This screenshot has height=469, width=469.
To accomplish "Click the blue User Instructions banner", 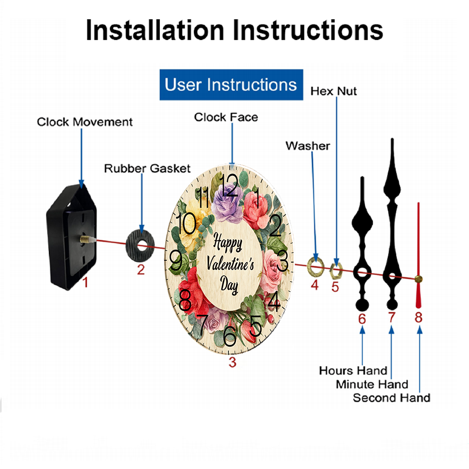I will (x=231, y=85).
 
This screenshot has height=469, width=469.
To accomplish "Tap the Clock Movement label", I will (x=85, y=122).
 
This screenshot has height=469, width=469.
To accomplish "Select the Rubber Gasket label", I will (x=147, y=168).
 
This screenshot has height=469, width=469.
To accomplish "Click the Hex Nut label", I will (x=333, y=91).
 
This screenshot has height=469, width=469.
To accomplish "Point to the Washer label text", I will (x=308, y=146).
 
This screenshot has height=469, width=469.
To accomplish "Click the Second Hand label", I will (x=391, y=398).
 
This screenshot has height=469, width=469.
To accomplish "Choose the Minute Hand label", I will (x=372, y=384).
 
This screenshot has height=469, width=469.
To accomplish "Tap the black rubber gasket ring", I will (x=140, y=244).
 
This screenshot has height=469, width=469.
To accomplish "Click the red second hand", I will (x=418, y=253).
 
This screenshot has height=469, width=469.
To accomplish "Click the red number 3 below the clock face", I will (x=233, y=362).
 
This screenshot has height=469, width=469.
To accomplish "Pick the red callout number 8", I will (x=418, y=318).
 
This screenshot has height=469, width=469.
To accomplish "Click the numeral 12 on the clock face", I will (x=229, y=181).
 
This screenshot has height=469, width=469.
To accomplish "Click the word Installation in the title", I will (x=155, y=30).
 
